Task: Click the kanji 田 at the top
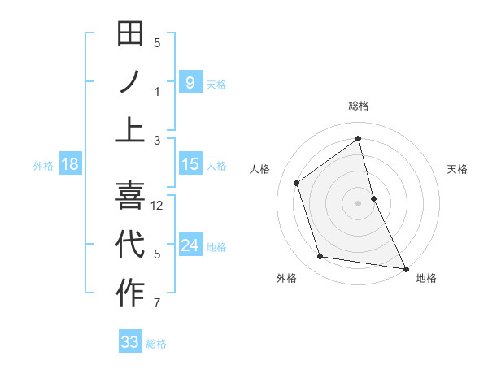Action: (x=130, y=35)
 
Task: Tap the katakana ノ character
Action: (x=130, y=82)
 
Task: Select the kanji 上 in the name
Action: (x=130, y=130)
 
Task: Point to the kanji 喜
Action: (x=130, y=195)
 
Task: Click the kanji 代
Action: (x=130, y=244)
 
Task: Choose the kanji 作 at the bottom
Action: (x=130, y=293)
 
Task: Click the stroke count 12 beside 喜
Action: (x=158, y=206)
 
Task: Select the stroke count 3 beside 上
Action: (x=157, y=141)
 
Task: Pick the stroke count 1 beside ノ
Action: (x=157, y=92)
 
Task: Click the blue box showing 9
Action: (x=190, y=82)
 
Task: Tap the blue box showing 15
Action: (x=190, y=164)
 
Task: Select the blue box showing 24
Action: (x=190, y=245)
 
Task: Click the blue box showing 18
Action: (x=70, y=164)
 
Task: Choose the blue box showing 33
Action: (x=130, y=342)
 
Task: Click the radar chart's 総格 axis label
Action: (x=359, y=106)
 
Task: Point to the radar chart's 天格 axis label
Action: (x=458, y=170)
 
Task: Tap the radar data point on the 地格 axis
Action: (x=405, y=268)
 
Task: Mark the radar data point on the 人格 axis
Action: (x=297, y=183)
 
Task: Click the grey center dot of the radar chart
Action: (x=359, y=202)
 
